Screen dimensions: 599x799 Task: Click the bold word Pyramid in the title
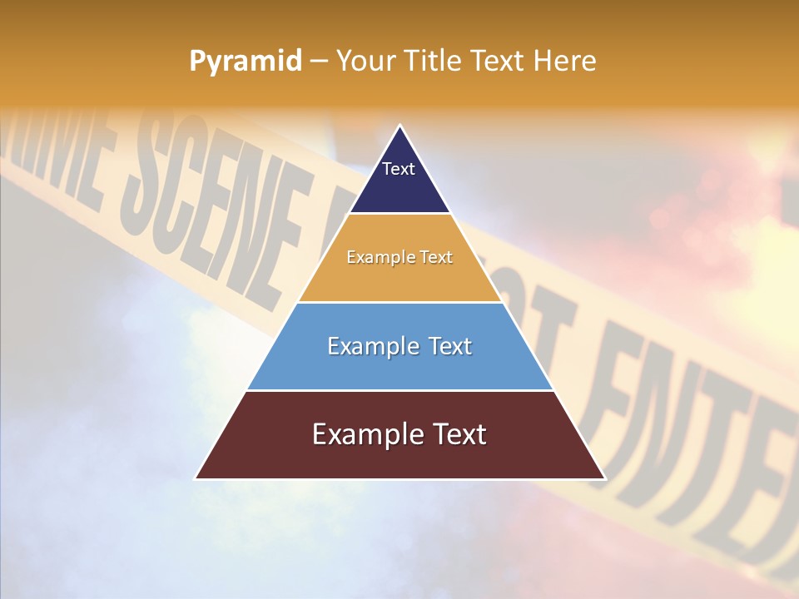tap(246, 62)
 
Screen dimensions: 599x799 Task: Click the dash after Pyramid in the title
tap(319, 62)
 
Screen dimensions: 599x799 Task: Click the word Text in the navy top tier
tap(399, 169)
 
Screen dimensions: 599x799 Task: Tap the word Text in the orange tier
tap(434, 257)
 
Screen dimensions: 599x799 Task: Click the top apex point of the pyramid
tap(399, 126)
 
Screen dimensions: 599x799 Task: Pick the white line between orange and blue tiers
tap(399, 302)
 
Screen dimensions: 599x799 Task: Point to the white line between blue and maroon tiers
tap(399, 390)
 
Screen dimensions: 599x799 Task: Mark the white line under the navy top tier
tap(399, 214)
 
